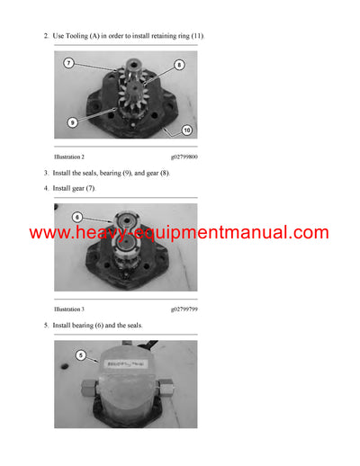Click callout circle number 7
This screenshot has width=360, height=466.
pyautogui.click(x=69, y=64)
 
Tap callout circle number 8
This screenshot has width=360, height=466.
pyautogui.click(x=178, y=65)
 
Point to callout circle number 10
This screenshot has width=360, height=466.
pyautogui.click(x=186, y=130)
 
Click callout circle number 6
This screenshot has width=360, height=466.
pyautogui.click(x=77, y=217)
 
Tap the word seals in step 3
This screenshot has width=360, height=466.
pyautogui.click(x=94, y=172)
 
